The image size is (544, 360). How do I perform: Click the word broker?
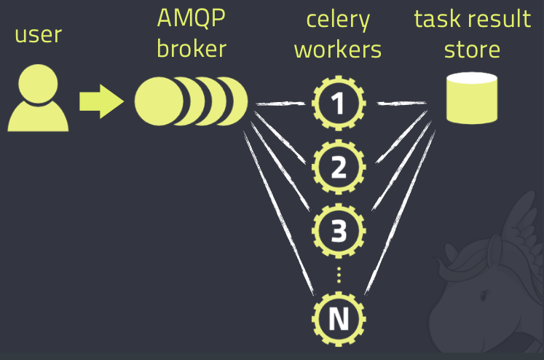point(192,49)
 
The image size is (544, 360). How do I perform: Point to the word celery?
point(337,20)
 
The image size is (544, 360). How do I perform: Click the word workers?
point(337,49)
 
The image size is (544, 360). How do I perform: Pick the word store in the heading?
point(472,49)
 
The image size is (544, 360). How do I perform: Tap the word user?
point(37,34)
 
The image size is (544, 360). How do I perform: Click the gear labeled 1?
point(338,104)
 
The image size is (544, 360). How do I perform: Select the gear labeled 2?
point(338,168)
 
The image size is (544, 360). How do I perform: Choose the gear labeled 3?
point(338,231)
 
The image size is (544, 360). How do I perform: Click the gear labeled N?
point(338,318)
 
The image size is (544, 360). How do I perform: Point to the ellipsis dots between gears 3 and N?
point(338,275)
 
